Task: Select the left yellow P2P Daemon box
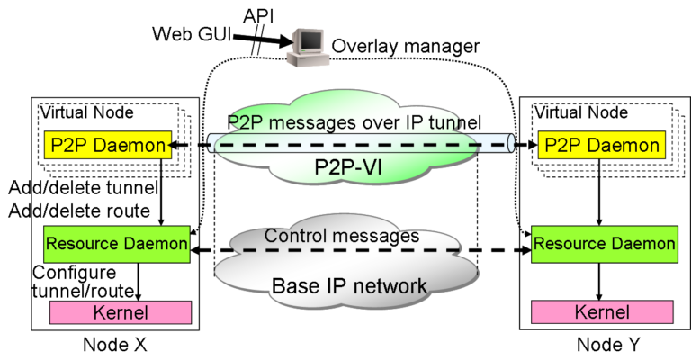click(106, 145)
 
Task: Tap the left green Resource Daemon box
click(117, 244)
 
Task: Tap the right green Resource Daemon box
click(604, 244)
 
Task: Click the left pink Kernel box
click(121, 312)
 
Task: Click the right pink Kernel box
click(602, 312)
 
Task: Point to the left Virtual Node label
click(86, 112)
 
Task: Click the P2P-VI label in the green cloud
click(345, 167)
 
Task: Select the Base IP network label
click(349, 286)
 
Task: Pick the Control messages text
click(342, 237)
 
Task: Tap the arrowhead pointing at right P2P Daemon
click(533, 145)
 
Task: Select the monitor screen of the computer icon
click(309, 40)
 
